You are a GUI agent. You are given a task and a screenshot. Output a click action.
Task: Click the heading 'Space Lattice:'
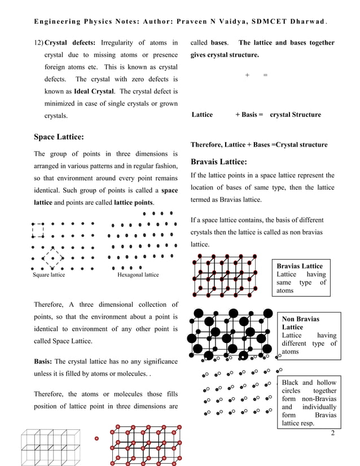click(59, 137)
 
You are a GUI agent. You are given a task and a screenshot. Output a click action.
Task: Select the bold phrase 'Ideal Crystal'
click(94, 91)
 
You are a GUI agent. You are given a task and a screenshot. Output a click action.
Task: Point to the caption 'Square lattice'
click(48, 275)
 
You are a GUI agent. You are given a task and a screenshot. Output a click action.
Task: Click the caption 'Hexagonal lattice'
click(138, 275)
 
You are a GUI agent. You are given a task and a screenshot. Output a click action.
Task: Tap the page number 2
click(333, 433)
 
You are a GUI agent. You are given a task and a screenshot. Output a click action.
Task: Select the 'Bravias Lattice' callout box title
click(300, 266)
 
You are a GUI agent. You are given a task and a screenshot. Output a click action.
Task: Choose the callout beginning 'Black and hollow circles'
click(309, 402)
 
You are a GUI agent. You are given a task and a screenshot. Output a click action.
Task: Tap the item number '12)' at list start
click(38, 43)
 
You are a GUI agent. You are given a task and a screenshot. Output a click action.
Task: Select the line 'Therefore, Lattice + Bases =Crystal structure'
click(259, 145)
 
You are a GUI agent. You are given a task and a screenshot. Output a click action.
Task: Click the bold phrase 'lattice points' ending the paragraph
click(134, 202)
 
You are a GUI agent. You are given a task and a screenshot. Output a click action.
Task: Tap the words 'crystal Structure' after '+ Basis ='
click(295, 115)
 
